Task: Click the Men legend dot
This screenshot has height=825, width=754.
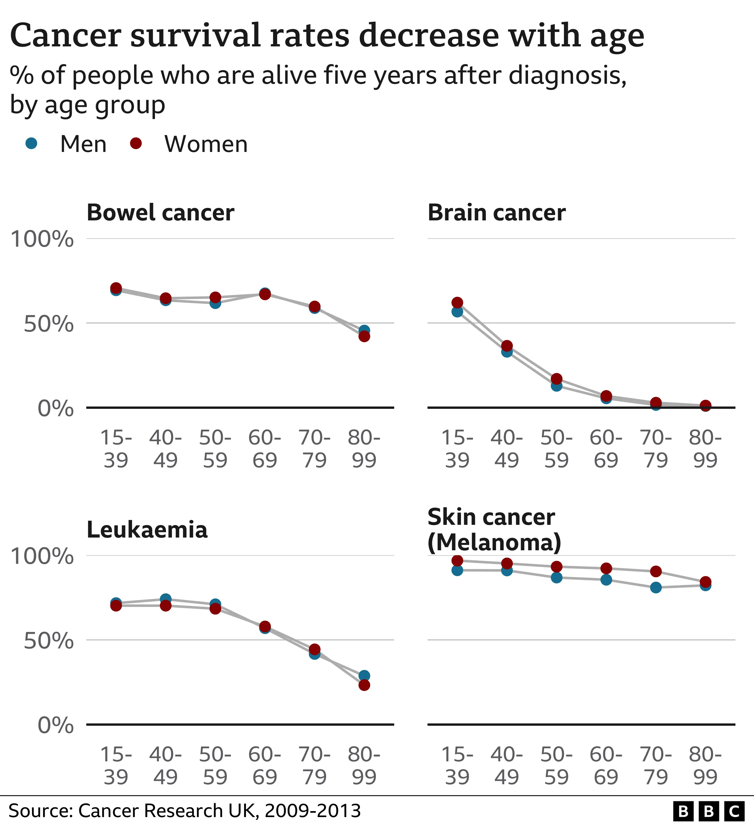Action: [31, 143]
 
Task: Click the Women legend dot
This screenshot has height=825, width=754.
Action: [135, 143]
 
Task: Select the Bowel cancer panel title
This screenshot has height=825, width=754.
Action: [160, 213]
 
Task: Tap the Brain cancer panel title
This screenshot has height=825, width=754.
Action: [496, 213]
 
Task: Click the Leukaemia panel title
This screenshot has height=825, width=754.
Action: [147, 530]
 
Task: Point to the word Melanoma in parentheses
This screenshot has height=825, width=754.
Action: [494, 543]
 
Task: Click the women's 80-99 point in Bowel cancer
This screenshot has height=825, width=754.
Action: [364, 336]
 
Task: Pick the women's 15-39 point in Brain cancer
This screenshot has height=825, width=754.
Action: [457, 302]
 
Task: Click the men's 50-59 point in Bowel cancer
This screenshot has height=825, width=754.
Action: [215, 303]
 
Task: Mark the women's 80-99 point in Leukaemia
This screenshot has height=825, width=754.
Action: [364, 685]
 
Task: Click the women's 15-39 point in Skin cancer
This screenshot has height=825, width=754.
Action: [457, 560]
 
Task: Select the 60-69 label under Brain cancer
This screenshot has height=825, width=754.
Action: [606, 449]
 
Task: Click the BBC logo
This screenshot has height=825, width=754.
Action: [708, 811]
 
